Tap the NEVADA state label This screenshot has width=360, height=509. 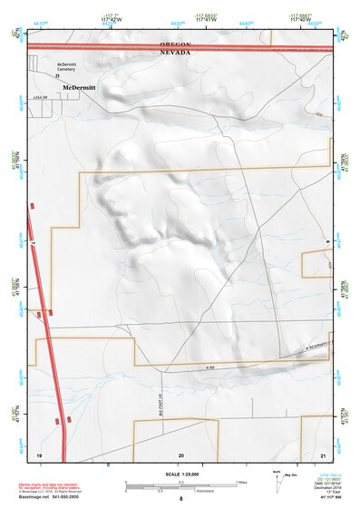[x=175, y=53]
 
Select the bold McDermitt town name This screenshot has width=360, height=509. [x=80, y=87]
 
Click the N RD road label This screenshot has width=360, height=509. [x=210, y=367]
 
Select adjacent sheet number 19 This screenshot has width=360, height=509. [x=39, y=453]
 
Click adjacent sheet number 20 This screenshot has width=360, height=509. [x=181, y=453]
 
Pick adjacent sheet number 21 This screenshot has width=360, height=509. [x=323, y=453]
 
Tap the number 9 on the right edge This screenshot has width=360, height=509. [x=326, y=240]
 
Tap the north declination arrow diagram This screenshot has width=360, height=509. [x=277, y=482]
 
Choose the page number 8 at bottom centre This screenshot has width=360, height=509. [x=180, y=500]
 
